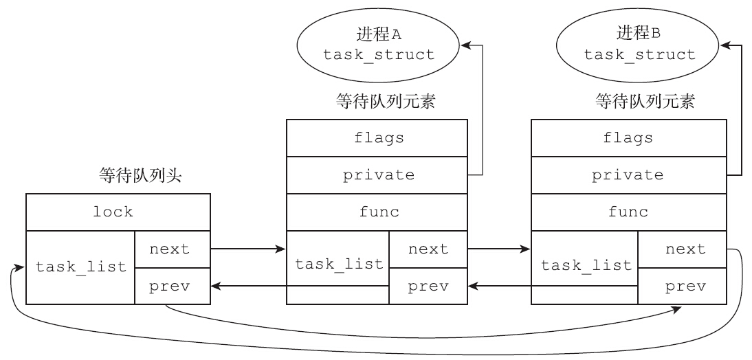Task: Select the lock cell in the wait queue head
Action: coord(118,212)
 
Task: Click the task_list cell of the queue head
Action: coord(81,267)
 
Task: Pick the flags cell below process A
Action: coord(377,137)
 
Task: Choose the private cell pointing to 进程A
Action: coord(377,175)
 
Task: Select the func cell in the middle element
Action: coord(377,212)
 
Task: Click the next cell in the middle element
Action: coord(428,249)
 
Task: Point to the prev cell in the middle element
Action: coord(428,285)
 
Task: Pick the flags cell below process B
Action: coord(628,137)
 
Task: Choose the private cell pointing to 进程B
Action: coord(628,175)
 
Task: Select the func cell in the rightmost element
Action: coord(628,212)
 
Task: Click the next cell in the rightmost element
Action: coord(683,249)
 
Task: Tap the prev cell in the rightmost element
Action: coord(683,285)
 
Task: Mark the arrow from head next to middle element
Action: coord(248,249)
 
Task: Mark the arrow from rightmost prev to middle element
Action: coord(500,285)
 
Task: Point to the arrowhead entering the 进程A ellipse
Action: coord(465,45)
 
